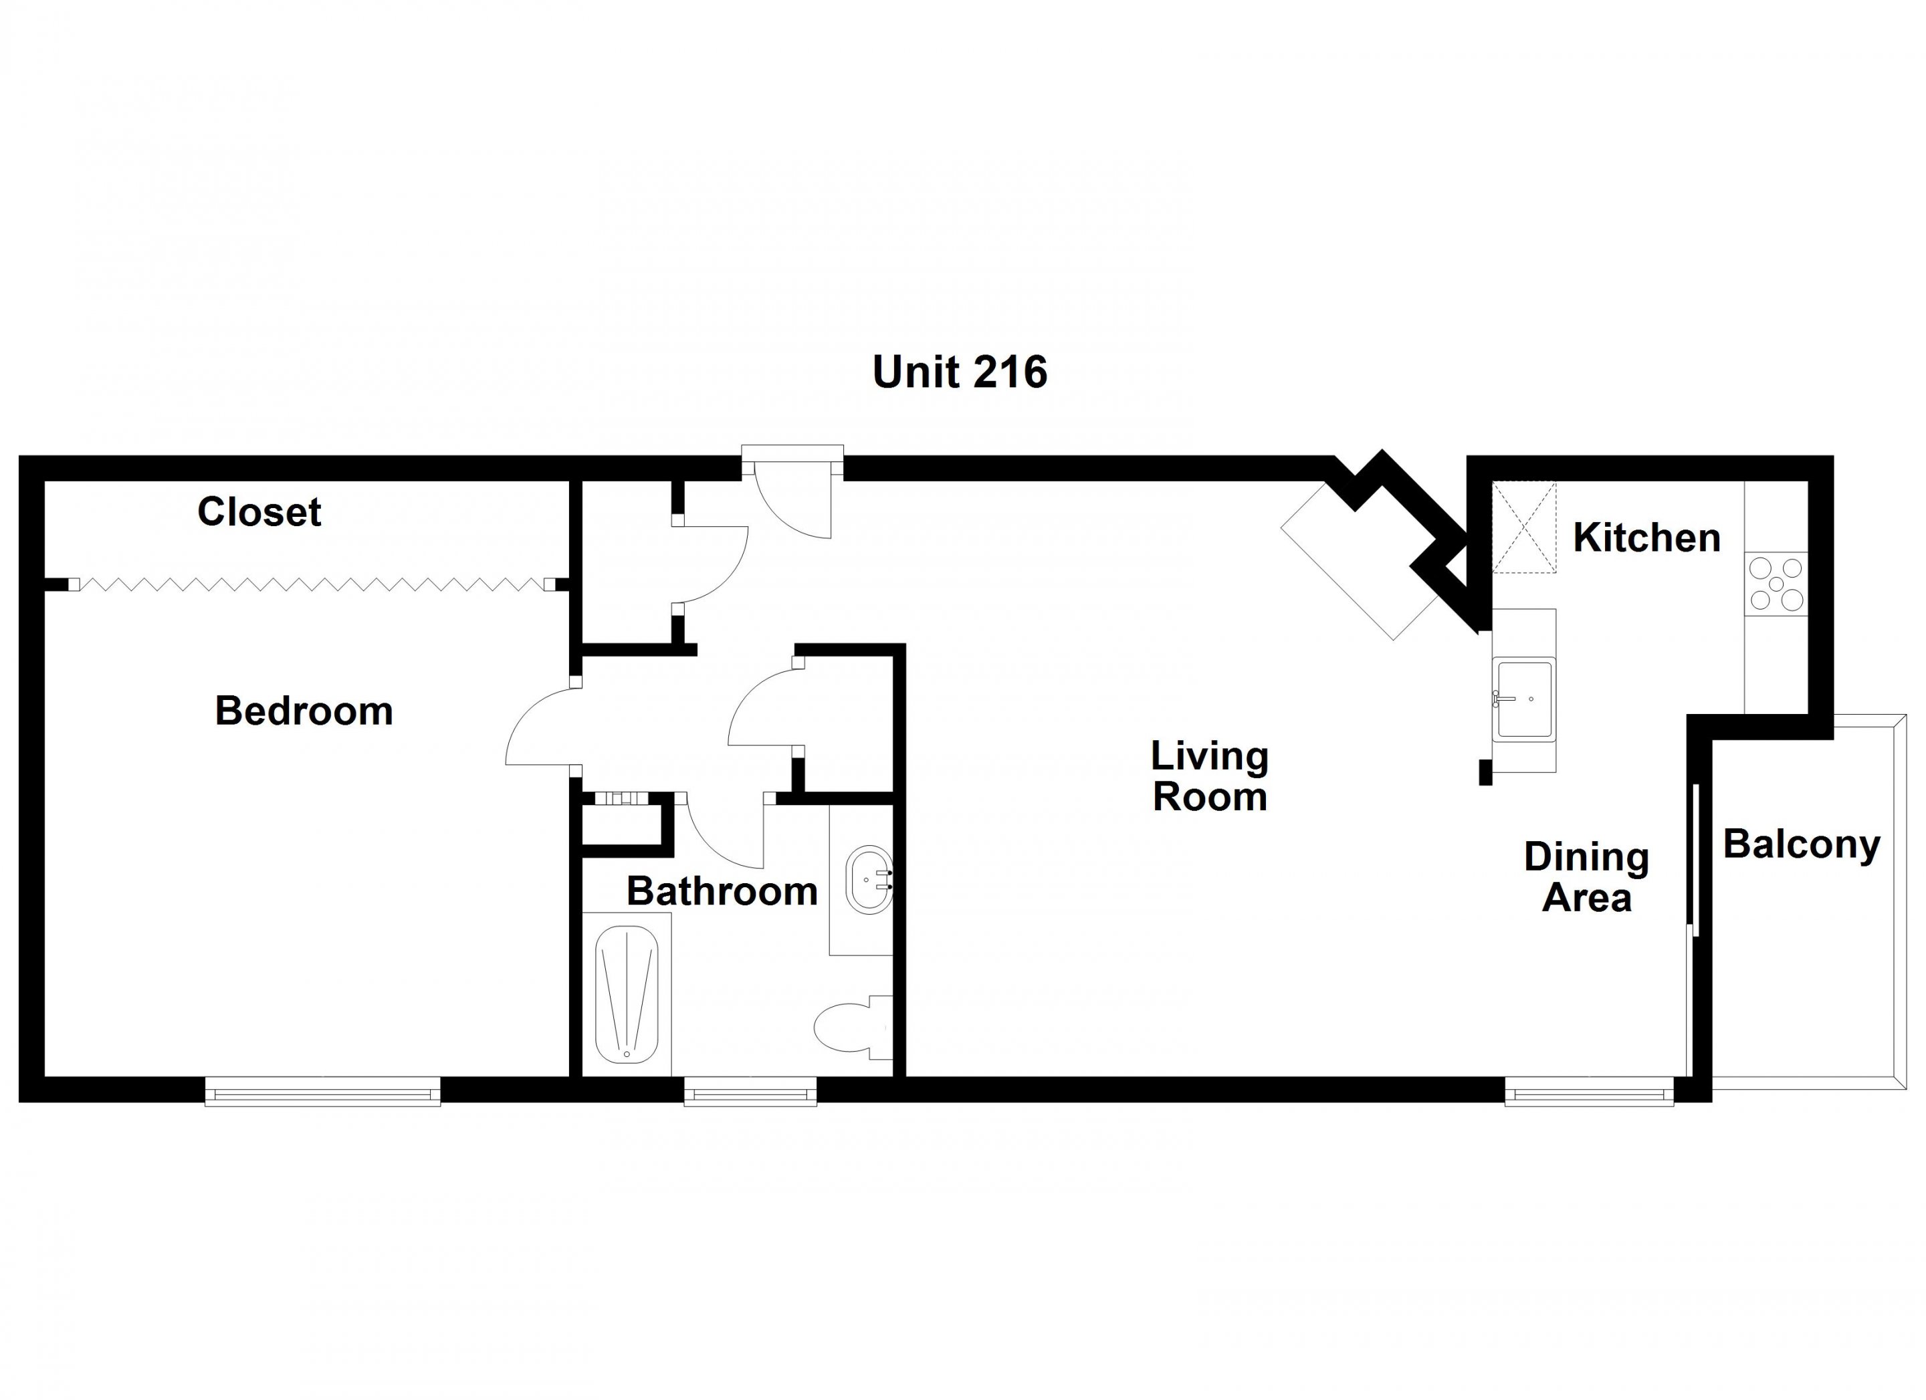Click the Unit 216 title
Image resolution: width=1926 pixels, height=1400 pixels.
point(960,372)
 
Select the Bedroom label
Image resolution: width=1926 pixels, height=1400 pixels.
point(304,711)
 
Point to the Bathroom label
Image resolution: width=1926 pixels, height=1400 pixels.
point(722,891)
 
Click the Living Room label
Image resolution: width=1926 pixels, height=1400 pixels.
point(1209,776)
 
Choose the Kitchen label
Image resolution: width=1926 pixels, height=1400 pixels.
point(1646,538)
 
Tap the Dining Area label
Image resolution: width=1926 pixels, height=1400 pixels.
point(1586,877)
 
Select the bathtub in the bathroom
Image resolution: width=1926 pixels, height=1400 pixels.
point(627,995)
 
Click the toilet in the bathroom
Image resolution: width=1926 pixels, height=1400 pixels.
point(853,1028)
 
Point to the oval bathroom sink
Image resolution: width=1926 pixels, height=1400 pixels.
point(869,880)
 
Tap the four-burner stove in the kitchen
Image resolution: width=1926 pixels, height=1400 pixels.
point(1776,584)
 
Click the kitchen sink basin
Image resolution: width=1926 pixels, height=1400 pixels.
point(1524,699)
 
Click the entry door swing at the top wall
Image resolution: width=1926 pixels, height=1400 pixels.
point(794,501)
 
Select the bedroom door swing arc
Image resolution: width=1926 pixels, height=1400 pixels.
point(540,726)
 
